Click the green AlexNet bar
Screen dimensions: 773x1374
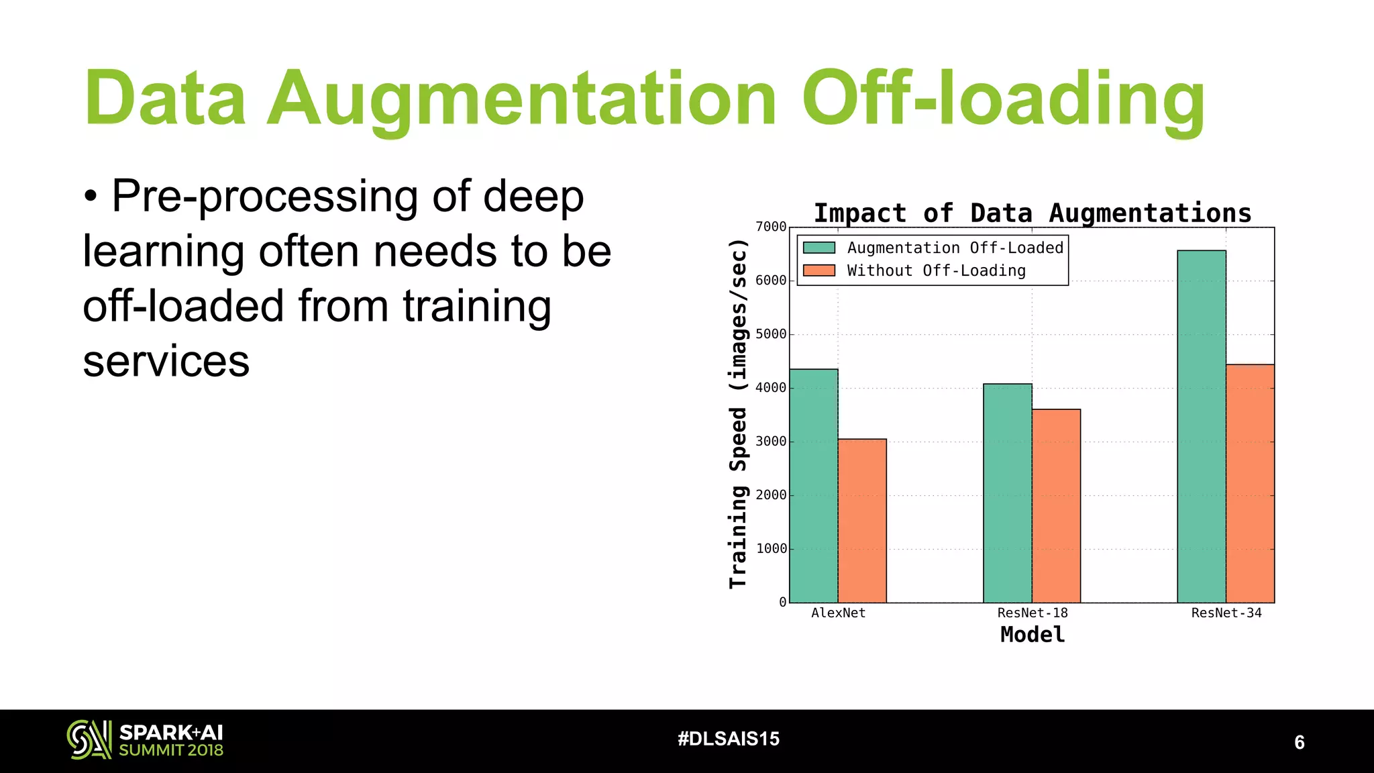coord(813,486)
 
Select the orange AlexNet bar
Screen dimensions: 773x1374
coord(862,521)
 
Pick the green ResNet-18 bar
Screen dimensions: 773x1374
coord(1007,493)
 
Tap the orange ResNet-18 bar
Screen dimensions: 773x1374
coord(1056,506)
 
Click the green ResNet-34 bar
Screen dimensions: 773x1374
coord(1201,427)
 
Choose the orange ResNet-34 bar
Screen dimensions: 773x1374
coord(1250,483)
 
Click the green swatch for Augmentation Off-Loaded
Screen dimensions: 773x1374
coord(819,248)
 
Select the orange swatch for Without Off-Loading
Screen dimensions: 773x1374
coord(819,270)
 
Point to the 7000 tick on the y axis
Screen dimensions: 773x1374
coord(771,227)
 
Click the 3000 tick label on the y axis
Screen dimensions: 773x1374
coord(771,442)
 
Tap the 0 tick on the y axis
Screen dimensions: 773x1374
coord(782,603)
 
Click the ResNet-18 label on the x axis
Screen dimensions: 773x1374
coord(1032,613)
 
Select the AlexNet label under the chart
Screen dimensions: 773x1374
coord(838,613)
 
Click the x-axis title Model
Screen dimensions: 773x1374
coord(1032,635)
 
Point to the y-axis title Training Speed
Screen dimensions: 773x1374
coord(738,414)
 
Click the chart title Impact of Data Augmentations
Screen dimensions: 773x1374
coord(1032,213)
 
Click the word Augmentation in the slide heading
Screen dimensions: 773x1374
coord(522,99)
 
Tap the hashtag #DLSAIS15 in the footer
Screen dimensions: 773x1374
coord(729,739)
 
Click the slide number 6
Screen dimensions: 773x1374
coord(1299,742)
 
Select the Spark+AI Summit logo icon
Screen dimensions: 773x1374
coord(89,739)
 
